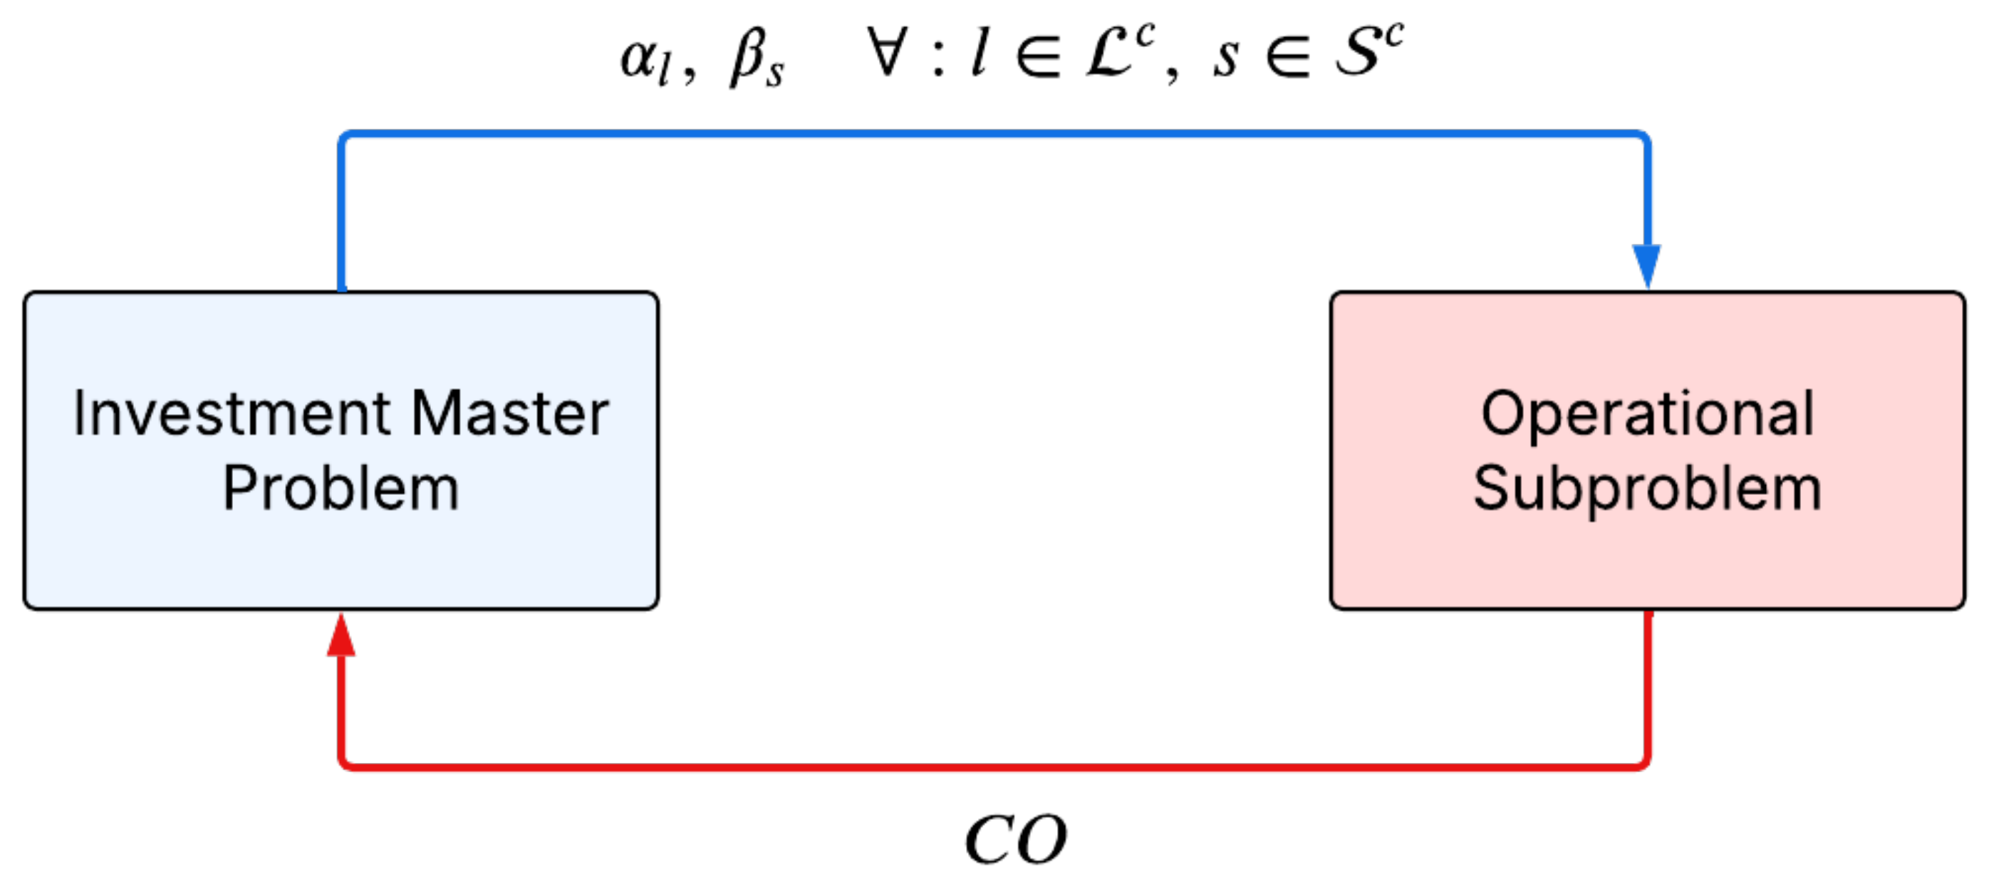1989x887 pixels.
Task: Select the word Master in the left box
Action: pos(509,414)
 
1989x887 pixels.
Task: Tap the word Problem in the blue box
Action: pos(341,489)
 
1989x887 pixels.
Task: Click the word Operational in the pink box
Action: pos(1647,414)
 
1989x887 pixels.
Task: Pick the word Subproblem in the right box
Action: pos(1647,489)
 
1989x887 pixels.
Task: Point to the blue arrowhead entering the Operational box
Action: pos(1646,265)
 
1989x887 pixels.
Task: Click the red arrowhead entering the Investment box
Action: pos(341,637)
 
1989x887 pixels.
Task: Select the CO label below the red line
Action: pos(1016,840)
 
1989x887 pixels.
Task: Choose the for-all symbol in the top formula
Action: pos(886,53)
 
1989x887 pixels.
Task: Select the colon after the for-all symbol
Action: pos(938,57)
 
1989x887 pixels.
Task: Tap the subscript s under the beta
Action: pos(774,76)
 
